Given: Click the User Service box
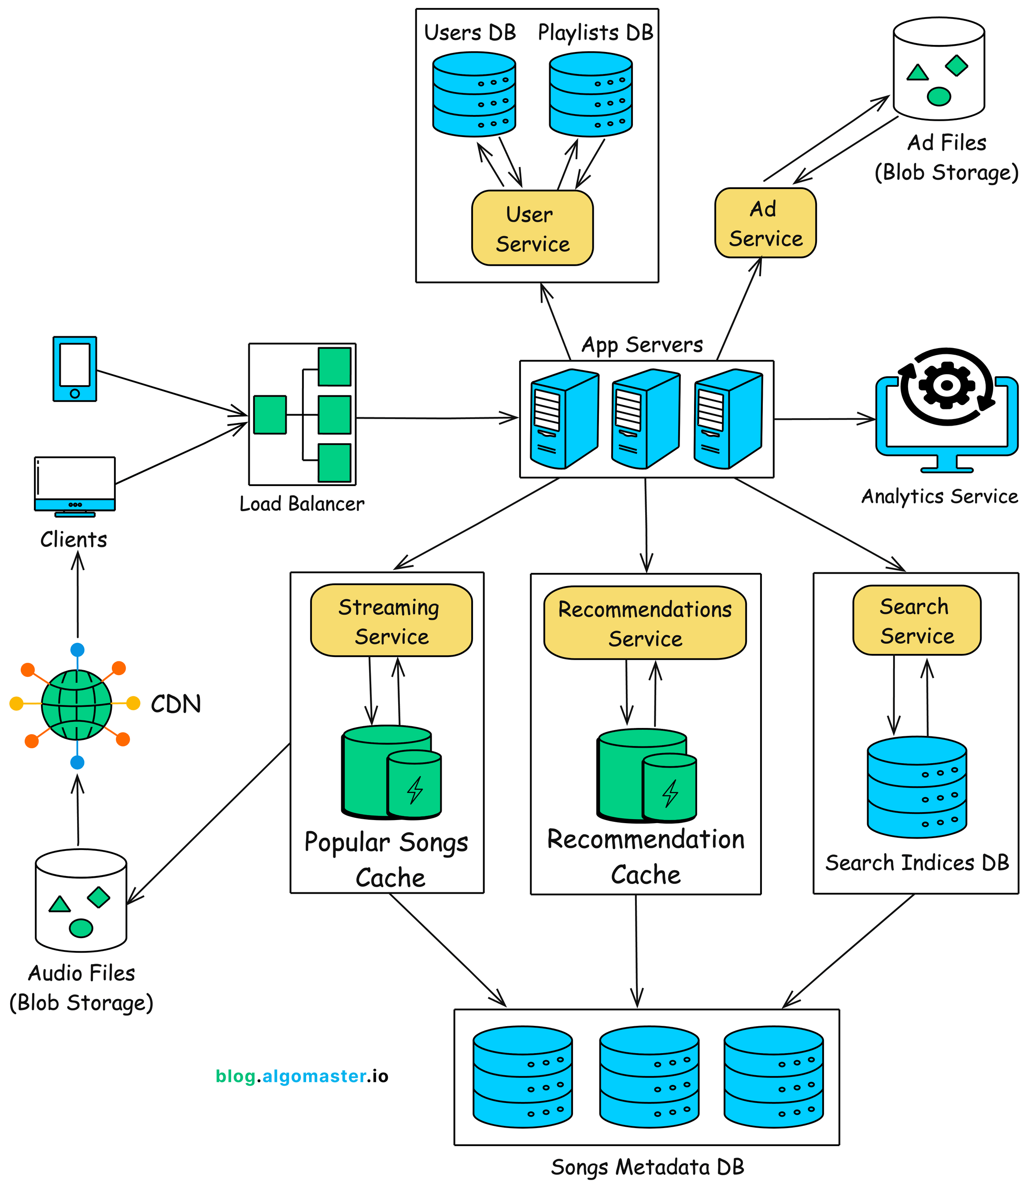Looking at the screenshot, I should (532, 228).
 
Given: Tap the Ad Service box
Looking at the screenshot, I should (765, 223).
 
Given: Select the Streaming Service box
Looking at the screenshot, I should (392, 620).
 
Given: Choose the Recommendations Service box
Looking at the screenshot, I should (645, 623).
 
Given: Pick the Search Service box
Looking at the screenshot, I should (916, 620).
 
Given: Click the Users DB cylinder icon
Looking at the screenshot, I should (474, 95).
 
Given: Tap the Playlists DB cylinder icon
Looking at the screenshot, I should (590, 95).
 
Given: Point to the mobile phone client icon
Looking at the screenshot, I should (74, 369).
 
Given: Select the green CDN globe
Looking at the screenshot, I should (76, 705).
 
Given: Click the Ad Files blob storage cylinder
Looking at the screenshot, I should (939, 69).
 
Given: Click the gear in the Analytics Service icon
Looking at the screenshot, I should (946, 385).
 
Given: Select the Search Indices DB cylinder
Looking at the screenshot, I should (916, 787).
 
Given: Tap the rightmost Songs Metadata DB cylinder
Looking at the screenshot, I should (773, 1077).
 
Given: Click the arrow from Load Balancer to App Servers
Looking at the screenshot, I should (436, 418).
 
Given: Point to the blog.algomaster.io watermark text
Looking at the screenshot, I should (302, 1076).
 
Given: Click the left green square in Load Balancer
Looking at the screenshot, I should (270, 415).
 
